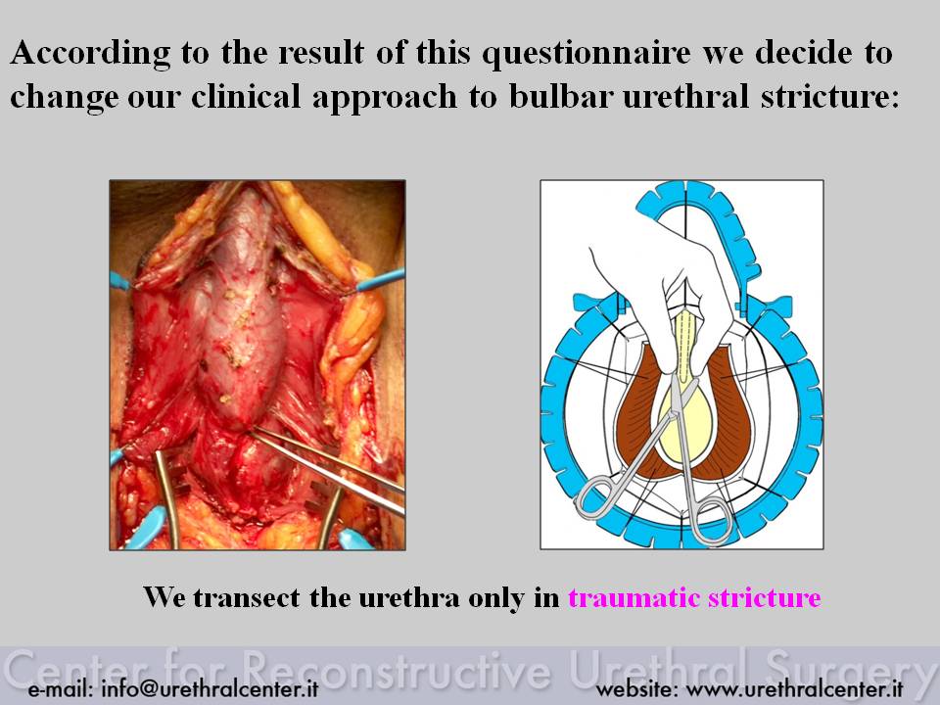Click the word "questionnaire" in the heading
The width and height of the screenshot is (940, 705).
[587, 54]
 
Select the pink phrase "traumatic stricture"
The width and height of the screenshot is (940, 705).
[695, 597]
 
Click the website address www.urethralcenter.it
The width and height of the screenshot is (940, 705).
[794, 688]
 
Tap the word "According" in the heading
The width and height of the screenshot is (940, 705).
[90, 54]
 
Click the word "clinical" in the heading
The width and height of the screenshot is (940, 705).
[246, 96]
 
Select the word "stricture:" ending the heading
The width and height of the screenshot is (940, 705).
[830, 96]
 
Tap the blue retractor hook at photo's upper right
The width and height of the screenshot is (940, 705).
[381, 279]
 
